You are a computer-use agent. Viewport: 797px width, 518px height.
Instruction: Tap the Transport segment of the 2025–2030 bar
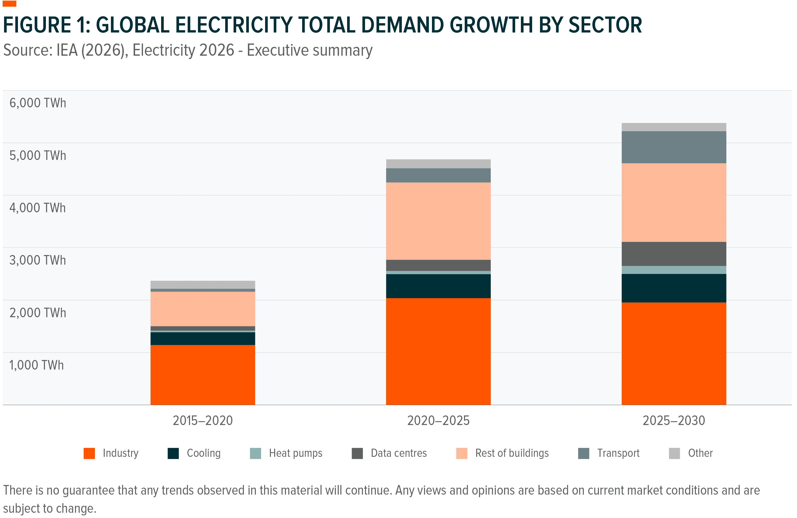673,147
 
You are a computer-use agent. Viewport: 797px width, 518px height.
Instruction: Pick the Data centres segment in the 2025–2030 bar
673,254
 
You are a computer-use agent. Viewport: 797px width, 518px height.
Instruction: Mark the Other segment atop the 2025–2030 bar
673,127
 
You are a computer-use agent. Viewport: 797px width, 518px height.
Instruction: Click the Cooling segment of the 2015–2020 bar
203,338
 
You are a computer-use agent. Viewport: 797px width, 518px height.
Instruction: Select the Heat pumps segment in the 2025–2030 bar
673,270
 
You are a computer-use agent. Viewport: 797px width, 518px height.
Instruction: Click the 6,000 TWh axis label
38,103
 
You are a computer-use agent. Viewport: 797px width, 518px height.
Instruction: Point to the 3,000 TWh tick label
38,260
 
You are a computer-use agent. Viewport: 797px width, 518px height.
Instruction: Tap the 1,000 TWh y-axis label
36,365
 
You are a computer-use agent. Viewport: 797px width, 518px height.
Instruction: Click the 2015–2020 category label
203,420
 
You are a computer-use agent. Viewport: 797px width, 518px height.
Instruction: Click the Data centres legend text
398,453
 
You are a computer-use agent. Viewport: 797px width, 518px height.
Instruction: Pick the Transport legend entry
618,453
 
